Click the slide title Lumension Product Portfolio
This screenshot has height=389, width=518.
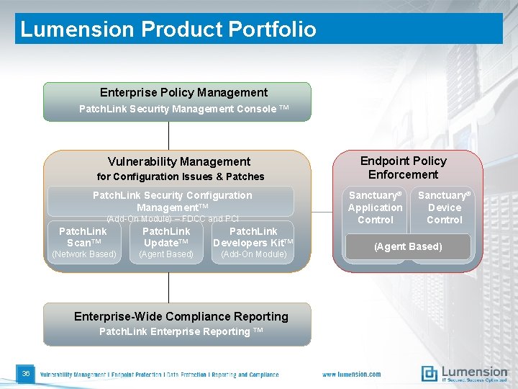(x=168, y=30)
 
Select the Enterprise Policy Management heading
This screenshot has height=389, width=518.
(x=183, y=92)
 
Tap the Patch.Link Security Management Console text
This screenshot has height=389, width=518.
(x=183, y=109)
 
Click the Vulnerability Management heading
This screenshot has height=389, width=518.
(x=179, y=161)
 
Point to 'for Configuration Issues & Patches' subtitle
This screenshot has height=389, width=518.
(x=181, y=176)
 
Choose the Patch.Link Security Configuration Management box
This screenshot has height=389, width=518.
(x=172, y=201)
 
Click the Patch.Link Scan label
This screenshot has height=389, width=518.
(x=83, y=237)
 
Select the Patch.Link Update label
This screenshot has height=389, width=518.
(x=166, y=237)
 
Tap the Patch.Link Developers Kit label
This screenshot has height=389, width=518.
(x=253, y=237)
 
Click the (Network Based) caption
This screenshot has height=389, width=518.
(x=83, y=254)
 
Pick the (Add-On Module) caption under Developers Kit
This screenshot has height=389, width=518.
(x=253, y=254)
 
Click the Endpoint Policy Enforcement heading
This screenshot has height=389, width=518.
(x=403, y=168)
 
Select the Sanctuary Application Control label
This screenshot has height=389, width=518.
(x=375, y=207)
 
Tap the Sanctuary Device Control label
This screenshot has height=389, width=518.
(x=444, y=207)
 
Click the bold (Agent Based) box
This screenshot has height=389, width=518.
(x=409, y=246)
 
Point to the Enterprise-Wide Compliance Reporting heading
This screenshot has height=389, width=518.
(x=181, y=316)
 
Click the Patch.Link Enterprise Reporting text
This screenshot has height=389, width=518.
(x=181, y=331)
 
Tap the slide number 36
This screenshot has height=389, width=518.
(x=25, y=373)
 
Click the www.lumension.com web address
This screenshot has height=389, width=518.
(x=352, y=375)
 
